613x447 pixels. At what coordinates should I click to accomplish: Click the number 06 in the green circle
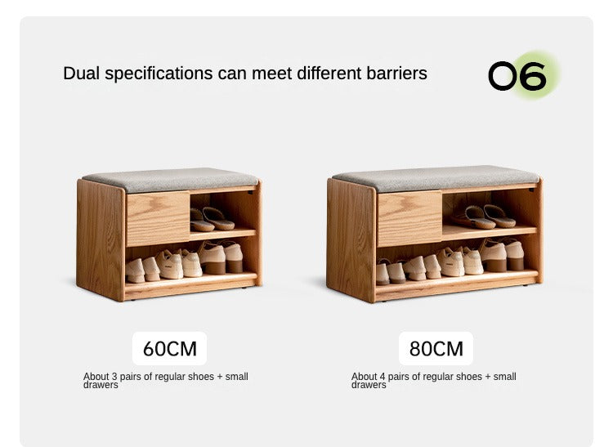click(517, 76)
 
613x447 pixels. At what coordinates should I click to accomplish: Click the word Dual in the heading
click(81, 74)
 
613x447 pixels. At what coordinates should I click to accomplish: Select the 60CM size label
click(170, 349)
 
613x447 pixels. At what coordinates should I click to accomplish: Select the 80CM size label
click(436, 349)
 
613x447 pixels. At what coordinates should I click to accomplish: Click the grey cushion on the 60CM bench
click(171, 179)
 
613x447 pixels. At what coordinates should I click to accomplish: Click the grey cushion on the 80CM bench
click(436, 178)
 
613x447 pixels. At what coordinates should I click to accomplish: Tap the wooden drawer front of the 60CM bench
click(158, 218)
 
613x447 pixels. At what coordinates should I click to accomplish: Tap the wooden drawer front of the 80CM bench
click(409, 219)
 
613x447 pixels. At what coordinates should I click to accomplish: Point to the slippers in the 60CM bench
click(212, 219)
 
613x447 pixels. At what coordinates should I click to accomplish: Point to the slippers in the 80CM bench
click(485, 217)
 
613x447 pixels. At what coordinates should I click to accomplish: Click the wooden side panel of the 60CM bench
click(101, 239)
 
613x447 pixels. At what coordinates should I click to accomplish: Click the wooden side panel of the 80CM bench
click(351, 239)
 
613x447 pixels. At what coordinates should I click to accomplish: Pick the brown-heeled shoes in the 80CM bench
click(503, 255)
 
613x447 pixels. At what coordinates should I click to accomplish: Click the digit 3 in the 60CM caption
click(114, 377)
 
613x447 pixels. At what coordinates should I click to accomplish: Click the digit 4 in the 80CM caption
click(383, 377)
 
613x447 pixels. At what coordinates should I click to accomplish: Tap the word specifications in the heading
click(159, 74)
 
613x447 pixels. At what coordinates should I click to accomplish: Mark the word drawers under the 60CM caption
click(101, 385)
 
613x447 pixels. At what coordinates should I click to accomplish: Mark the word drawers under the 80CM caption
click(369, 385)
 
